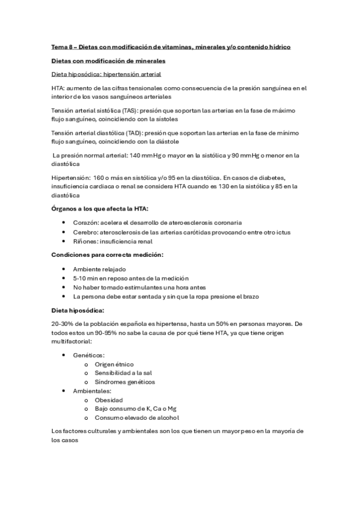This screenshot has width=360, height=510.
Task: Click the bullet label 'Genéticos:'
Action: tap(89, 355)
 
